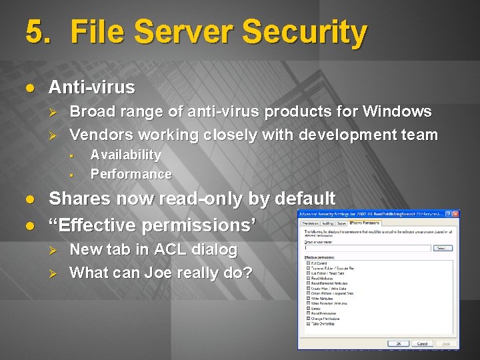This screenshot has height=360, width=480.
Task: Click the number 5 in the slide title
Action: pyautogui.click(x=35, y=32)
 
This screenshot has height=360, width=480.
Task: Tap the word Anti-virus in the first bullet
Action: pyautogui.click(x=92, y=87)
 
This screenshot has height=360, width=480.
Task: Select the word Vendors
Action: pyautogui.click(x=101, y=135)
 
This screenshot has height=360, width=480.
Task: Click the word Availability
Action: pyautogui.click(x=126, y=155)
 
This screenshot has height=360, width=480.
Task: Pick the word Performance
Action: pyautogui.click(x=131, y=174)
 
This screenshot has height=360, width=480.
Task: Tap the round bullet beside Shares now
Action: pyautogui.click(x=30, y=199)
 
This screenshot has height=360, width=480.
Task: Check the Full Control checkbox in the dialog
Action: pyautogui.click(x=309, y=263)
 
